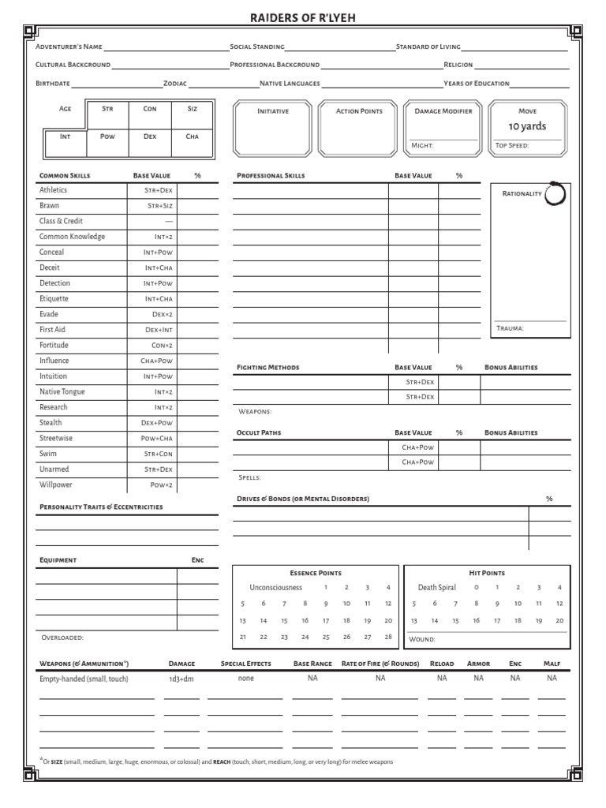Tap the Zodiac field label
click(x=175, y=84)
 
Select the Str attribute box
click(x=107, y=115)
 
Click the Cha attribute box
click(x=192, y=142)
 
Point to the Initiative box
click(x=273, y=127)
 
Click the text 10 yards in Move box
click(x=526, y=126)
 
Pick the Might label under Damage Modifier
click(x=422, y=146)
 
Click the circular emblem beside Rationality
click(x=555, y=194)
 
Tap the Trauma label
click(x=510, y=328)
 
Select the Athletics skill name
click(x=54, y=190)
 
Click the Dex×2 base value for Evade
click(x=163, y=314)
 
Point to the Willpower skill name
click(x=56, y=484)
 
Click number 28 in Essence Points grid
click(x=387, y=637)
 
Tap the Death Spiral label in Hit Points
click(x=436, y=587)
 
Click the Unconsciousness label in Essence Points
click(x=275, y=587)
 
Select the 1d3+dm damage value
click(x=181, y=679)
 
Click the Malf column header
click(x=552, y=664)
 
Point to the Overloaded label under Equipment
click(x=62, y=637)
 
